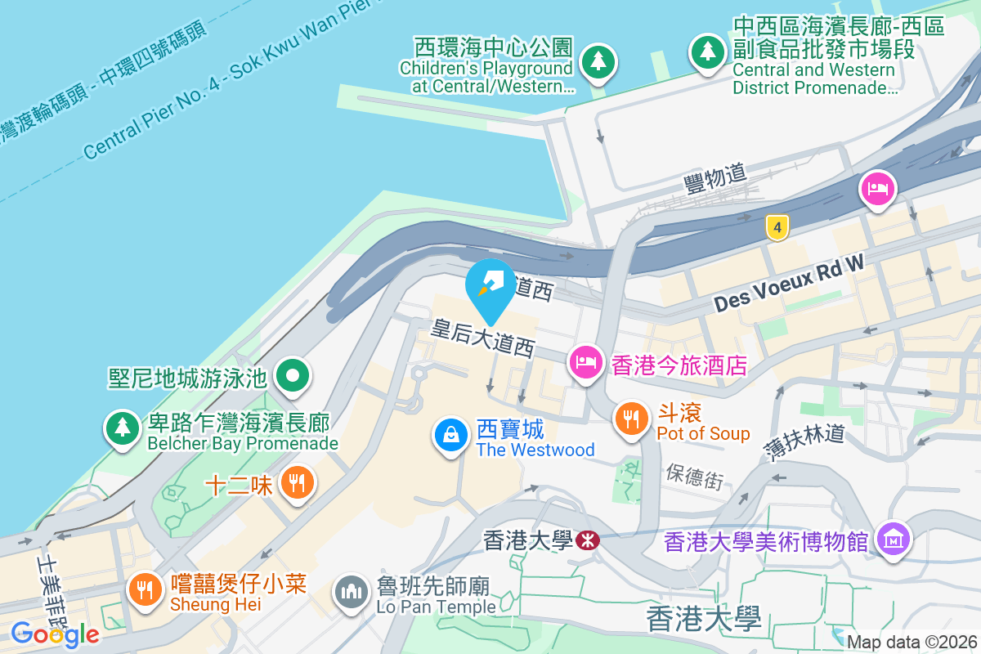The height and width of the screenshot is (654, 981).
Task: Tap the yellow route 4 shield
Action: click(777, 228)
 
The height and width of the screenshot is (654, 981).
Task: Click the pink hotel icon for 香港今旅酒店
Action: click(585, 361)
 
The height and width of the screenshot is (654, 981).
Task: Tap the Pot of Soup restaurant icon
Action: click(629, 419)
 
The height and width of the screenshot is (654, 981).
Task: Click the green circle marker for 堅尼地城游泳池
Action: click(292, 376)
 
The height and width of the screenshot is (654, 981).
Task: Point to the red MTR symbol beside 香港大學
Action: click(586, 540)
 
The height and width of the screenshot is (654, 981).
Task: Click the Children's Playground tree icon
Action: click(598, 61)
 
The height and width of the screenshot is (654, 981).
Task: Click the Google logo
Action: click(55, 634)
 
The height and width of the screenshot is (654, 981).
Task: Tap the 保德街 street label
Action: click(694, 477)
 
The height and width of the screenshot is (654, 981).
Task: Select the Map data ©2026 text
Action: click(911, 642)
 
